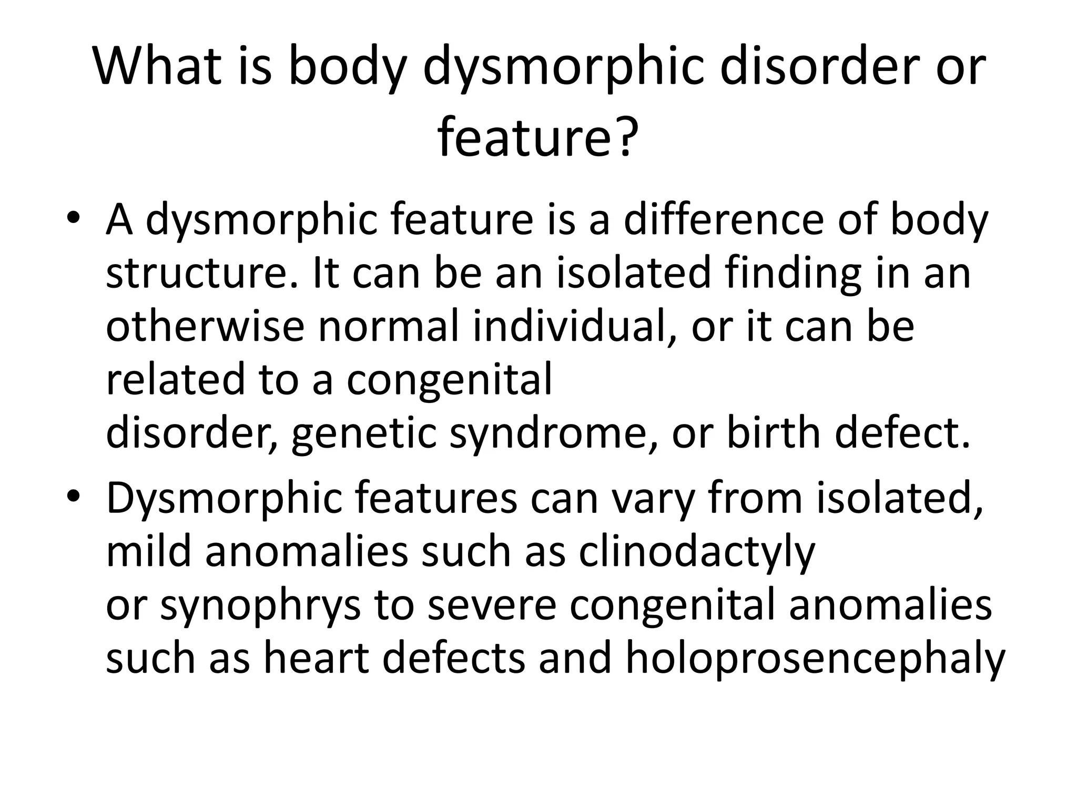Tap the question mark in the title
625,138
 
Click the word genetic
363,435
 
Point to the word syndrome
552,435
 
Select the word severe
492,605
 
